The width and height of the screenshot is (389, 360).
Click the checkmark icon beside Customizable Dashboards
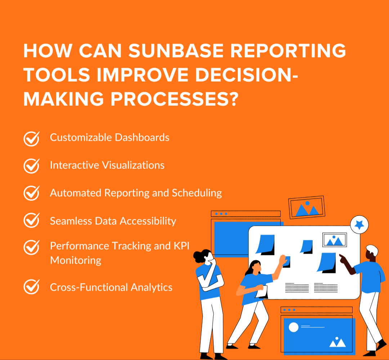coord(31,138)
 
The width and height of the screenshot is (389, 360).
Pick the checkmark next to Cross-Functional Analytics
coord(31,287)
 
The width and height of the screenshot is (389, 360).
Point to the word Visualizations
coord(133,165)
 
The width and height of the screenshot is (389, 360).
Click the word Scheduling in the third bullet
coord(197,193)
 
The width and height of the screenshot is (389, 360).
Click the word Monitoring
coord(76,260)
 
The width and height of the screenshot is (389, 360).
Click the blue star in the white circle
coord(359,224)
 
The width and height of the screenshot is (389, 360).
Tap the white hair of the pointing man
coord(371,249)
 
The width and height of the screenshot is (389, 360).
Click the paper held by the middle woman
coord(261,292)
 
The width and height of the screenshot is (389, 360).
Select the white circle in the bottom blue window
coord(294,327)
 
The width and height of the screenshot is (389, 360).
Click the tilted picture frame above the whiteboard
coord(307,208)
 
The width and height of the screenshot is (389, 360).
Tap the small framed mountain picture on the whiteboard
coord(334,240)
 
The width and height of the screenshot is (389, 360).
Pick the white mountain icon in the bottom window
coord(337,342)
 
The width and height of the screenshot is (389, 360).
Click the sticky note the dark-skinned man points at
coord(327,262)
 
